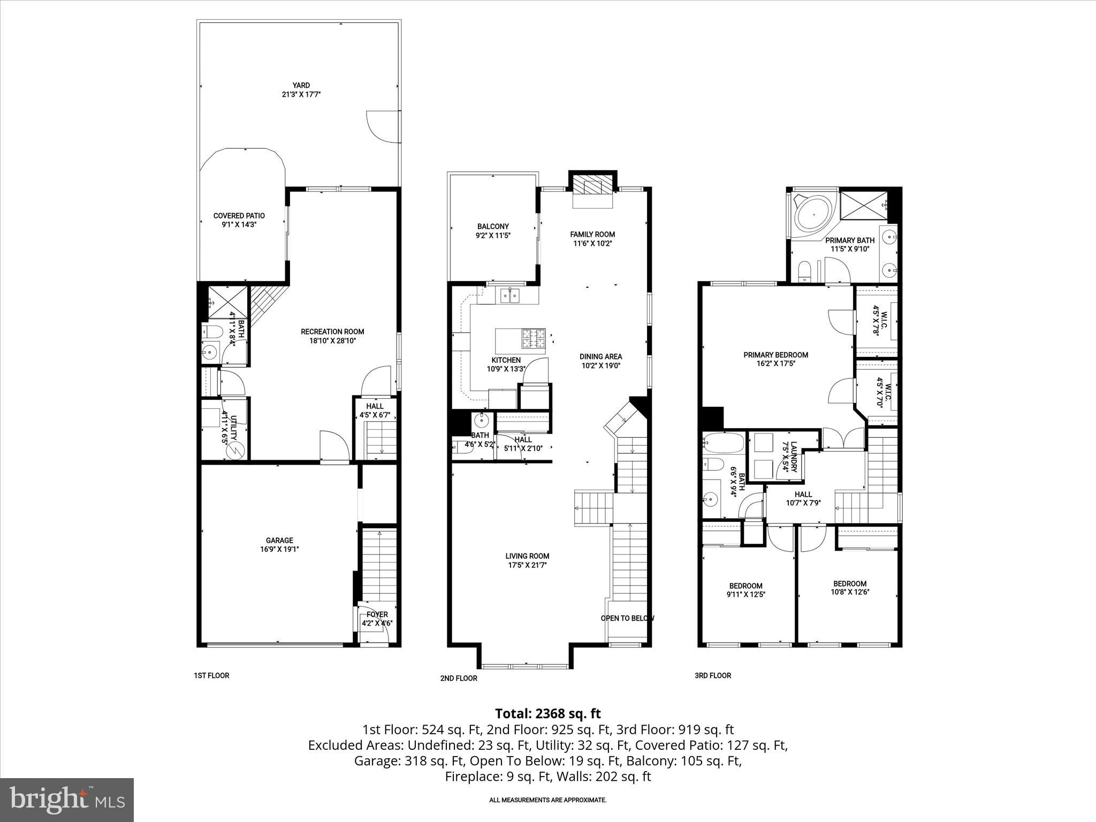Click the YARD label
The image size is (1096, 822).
point(301,85)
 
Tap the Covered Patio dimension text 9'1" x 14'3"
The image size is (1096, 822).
point(239,225)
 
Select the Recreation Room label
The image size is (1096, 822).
point(332,332)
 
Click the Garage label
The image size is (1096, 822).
point(279,541)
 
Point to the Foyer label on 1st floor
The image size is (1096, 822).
point(377,614)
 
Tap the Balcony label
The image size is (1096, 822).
point(493,226)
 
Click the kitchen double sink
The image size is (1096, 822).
point(509,294)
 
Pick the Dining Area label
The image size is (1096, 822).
point(600,356)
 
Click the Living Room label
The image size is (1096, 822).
point(529,556)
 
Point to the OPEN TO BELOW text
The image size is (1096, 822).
point(627,618)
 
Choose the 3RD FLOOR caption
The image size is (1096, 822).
point(712,675)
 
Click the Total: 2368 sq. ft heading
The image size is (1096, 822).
point(547,713)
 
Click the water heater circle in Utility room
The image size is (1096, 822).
point(234,451)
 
